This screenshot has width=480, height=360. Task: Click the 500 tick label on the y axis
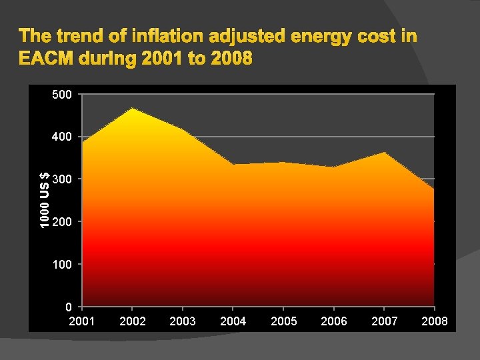tap(62, 94)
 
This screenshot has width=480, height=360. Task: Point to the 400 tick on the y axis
tap(62, 137)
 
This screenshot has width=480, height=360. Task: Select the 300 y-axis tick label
tap(62, 179)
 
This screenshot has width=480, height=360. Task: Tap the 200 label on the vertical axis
tap(62, 221)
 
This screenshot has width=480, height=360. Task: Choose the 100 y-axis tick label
tap(62, 264)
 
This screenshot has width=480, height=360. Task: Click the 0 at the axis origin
tap(68, 307)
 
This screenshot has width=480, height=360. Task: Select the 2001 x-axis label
tap(81, 321)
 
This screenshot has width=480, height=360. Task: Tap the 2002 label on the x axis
tap(132, 321)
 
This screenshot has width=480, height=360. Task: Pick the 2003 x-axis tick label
tap(183, 321)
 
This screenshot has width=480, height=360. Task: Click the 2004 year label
tap(233, 321)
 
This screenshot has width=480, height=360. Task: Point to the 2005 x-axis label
tap(283, 321)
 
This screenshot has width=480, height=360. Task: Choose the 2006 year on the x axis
tap(334, 321)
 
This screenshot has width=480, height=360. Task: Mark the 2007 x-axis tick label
tap(384, 321)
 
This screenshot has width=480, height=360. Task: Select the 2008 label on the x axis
tap(435, 321)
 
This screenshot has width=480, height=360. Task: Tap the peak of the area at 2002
tap(132, 108)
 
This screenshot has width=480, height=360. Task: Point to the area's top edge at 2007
tap(384, 153)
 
